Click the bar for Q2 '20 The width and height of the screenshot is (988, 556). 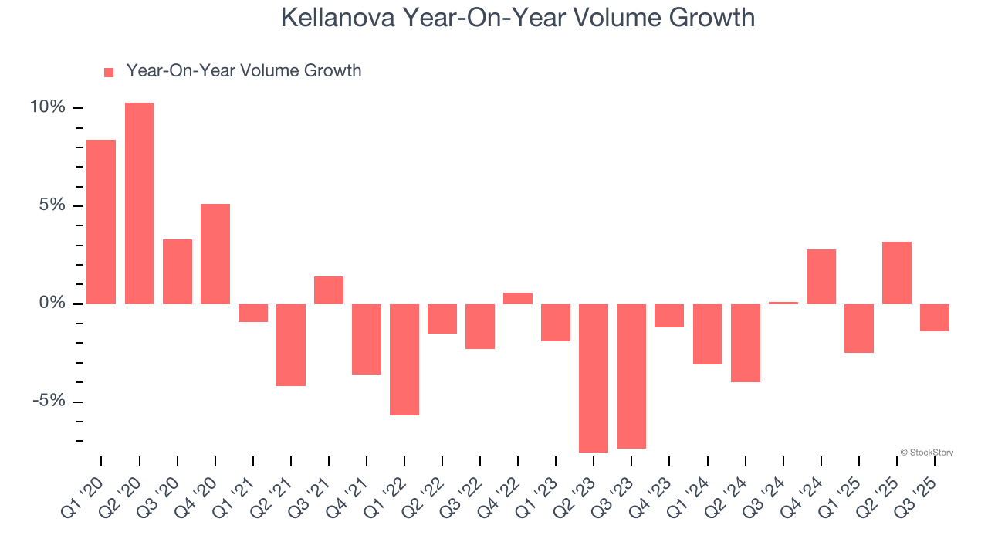[139, 203]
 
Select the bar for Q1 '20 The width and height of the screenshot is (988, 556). [101, 222]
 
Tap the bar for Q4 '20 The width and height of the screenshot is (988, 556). [215, 254]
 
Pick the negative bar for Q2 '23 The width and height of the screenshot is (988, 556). [594, 378]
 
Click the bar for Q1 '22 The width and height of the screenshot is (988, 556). [404, 359]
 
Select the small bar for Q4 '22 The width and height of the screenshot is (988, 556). [518, 298]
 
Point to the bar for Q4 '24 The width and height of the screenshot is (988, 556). [821, 276]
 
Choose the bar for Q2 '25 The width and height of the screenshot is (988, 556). [897, 273]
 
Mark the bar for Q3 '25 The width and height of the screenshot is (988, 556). [935, 317]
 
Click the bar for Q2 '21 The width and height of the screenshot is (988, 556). [291, 344]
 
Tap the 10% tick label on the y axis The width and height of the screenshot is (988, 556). [48, 107]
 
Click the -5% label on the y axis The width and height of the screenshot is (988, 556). [48, 401]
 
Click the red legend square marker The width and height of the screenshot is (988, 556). [109, 72]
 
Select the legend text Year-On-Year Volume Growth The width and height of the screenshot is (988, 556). [244, 70]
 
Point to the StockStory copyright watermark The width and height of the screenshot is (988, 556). [926, 453]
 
